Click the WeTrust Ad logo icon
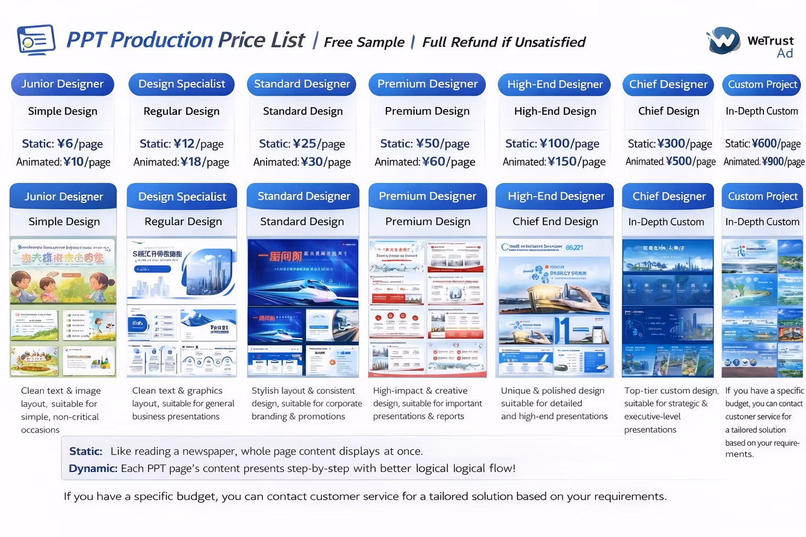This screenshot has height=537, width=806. coord(723,41)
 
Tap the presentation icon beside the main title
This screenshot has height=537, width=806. coord(36,40)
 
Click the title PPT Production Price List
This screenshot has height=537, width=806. coord(185,40)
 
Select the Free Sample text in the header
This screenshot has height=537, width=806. coord(364,42)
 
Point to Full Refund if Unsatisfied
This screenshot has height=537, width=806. coord(504,42)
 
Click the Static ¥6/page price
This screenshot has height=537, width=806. coord(62,144)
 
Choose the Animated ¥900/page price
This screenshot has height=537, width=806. coord(763,162)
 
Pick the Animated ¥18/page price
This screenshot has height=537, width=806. coord(181,162)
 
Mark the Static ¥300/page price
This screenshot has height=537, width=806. coord(670,144)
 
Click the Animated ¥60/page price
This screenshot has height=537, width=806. coord(425,162)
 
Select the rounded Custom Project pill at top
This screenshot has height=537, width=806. coord(762,84)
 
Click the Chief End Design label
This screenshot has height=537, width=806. coord(555,222)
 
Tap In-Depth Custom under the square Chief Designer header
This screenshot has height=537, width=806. coord(666,222)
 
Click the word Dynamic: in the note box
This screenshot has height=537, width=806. coord(93,468)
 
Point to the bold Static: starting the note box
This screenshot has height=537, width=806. coord(86,451)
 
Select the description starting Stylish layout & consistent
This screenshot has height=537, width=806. coord(306,403)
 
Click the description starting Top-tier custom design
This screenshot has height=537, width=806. coord(671,410)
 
